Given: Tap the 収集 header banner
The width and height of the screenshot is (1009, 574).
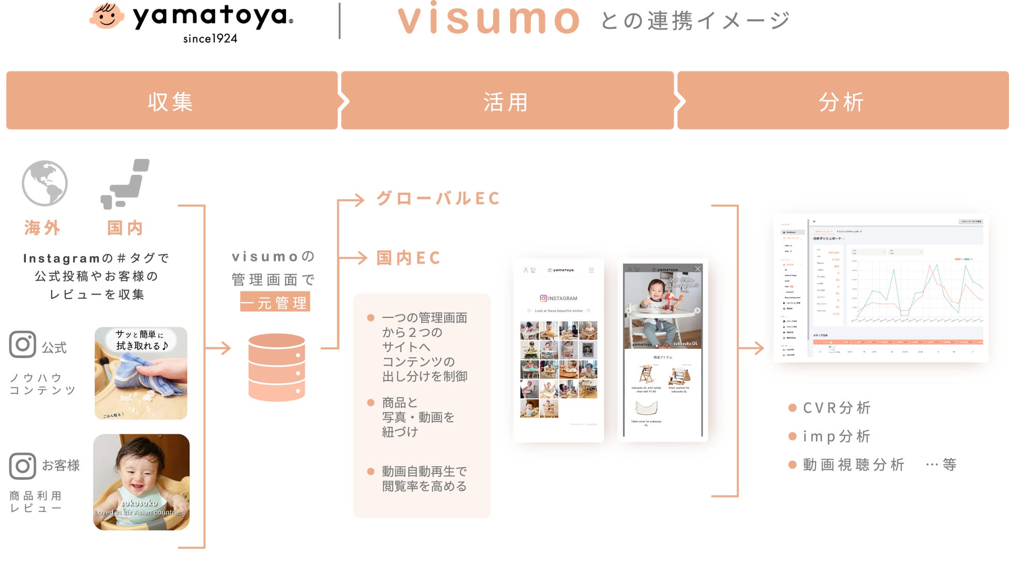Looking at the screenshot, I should [171, 101].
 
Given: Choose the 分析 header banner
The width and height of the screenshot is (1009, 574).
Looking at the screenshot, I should [842, 101].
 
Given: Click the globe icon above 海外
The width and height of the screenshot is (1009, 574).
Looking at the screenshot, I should [44, 183].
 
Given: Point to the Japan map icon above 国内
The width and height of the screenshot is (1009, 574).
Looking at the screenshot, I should [125, 184].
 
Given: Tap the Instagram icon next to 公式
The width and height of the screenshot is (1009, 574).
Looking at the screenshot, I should [23, 345].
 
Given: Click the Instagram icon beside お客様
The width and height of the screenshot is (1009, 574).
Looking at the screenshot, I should [23, 466].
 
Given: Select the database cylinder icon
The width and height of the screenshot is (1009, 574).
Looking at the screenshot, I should [277, 367].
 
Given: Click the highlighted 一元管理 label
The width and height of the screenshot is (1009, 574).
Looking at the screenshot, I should [275, 302].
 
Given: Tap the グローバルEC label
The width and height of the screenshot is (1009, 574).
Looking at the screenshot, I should [438, 198].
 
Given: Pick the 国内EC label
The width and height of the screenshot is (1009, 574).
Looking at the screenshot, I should [408, 258].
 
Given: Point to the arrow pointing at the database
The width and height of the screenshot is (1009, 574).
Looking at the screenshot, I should [218, 348].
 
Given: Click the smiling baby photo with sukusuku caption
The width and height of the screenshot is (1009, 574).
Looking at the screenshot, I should [141, 482].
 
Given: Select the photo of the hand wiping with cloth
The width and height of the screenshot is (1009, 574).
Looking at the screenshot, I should [141, 373].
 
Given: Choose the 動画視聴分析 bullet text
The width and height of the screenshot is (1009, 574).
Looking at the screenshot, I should [853, 465].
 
